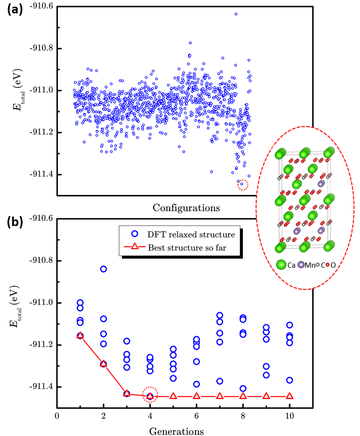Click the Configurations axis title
point(186,207)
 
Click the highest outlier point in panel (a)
point(236,14)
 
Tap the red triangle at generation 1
point(80,336)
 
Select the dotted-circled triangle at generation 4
point(150,396)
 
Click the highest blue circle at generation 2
point(103,269)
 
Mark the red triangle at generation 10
point(289,396)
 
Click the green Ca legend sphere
point(281,264)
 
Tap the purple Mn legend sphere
point(301,264)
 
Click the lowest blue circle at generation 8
point(243,389)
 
